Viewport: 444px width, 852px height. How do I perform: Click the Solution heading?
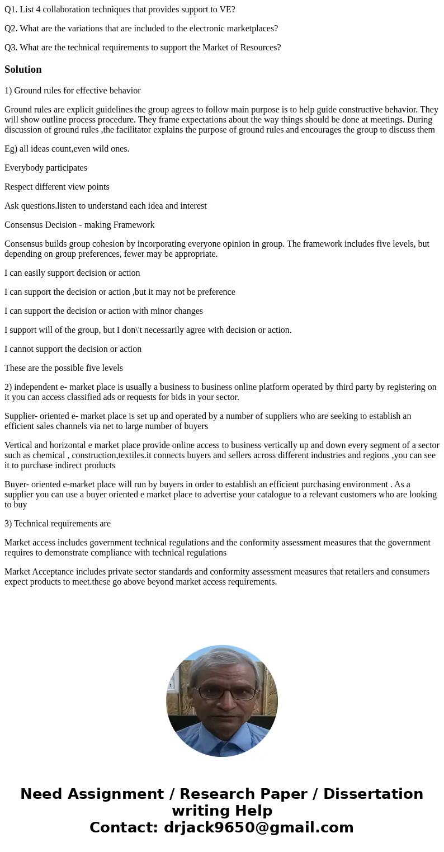coord(23,69)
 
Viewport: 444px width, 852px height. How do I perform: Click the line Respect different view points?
coord(57,187)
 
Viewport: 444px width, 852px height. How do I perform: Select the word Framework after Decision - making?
coord(133,225)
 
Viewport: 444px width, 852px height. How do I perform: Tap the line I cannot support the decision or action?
coord(73,349)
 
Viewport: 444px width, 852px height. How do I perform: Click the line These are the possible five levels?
coord(64,368)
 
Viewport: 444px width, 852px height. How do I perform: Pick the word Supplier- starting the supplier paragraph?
coord(21,416)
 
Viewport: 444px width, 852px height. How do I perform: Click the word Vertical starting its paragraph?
coord(18,445)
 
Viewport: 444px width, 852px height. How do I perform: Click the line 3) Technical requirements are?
coord(58,524)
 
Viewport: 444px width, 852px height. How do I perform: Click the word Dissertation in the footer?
coord(373,794)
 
